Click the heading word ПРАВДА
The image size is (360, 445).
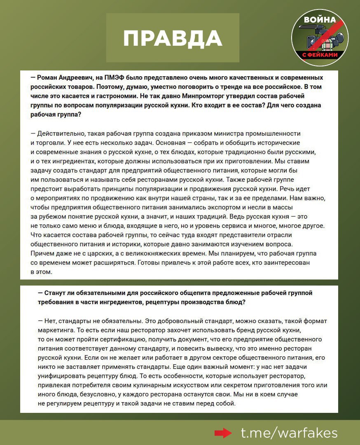click(173, 38)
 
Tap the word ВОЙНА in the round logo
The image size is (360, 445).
click(319, 19)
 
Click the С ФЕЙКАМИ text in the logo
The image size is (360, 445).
click(320, 54)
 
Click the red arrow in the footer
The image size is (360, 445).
click(224, 433)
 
